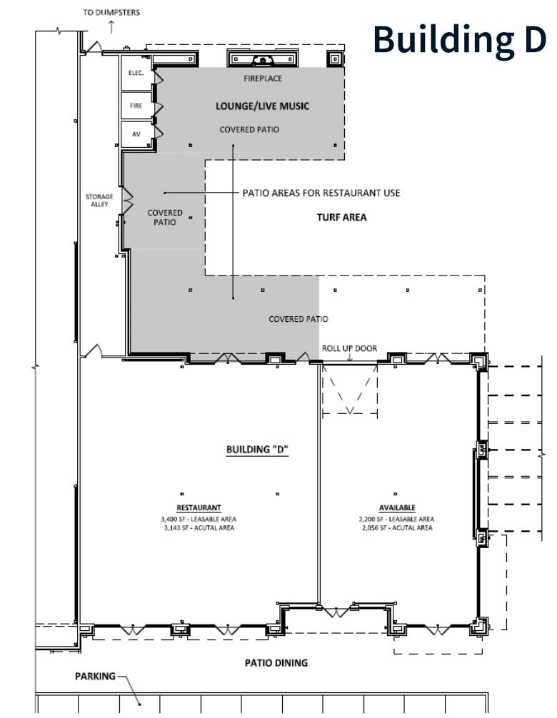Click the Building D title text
point(459,39)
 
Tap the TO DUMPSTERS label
point(111,12)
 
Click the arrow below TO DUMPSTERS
point(111,27)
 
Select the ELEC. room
point(136,73)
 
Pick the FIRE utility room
point(136,106)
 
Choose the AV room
point(136,134)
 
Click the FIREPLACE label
point(263,79)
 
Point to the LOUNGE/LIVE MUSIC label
point(263,106)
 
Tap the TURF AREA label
point(341,217)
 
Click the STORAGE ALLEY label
point(99,201)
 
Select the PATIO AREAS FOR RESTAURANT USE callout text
point(321,193)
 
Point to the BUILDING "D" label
point(251,450)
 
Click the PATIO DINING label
point(276,663)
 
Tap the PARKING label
point(95,676)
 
